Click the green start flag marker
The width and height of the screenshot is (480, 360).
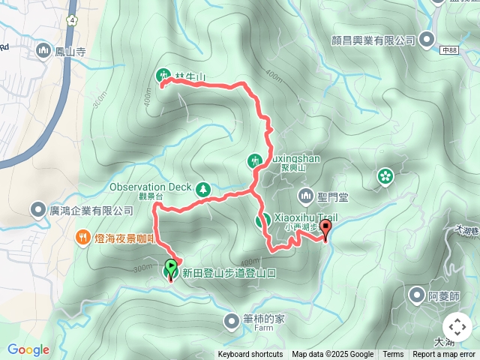pyautogui.click(x=171, y=265)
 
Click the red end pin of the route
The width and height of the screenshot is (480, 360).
pyautogui.click(x=325, y=229)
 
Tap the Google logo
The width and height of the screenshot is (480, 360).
pyautogui.click(x=28, y=350)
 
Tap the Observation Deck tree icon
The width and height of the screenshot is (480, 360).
pyautogui.click(x=202, y=188)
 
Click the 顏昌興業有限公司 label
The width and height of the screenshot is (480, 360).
pyautogui.click(x=373, y=39)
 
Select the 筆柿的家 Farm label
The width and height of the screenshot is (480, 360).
pyautogui.click(x=264, y=319)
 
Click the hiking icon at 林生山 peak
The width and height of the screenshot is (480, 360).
pyautogui.click(x=163, y=75)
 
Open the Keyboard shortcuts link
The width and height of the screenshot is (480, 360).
pyautogui.click(x=250, y=355)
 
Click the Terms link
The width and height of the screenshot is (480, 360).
pyautogui.click(x=393, y=355)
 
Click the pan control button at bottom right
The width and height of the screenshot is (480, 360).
pyautogui.click(x=457, y=327)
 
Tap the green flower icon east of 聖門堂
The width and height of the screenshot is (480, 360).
pyautogui.click(x=385, y=175)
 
